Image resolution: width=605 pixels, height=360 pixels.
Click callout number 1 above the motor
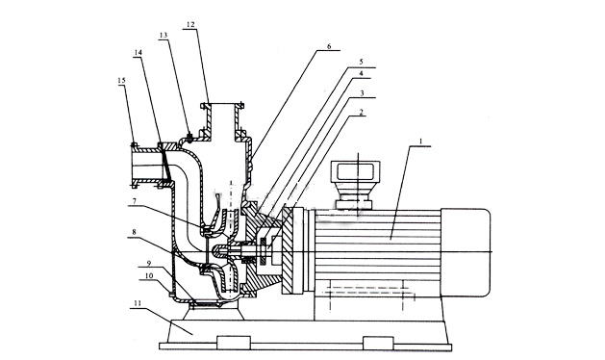pos(421,141)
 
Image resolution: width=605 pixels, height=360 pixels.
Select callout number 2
pos(361,112)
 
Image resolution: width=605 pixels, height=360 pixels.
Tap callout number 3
pos(362,93)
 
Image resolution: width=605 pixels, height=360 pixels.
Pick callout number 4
pos(361,73)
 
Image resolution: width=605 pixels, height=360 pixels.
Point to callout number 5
pos(361,62)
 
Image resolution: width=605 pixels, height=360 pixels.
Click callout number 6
pos(329,46)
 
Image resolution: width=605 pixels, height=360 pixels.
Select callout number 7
pos(134,201)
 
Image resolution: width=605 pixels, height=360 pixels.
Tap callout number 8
pos(134,232)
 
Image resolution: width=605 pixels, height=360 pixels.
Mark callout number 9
pos(149,263)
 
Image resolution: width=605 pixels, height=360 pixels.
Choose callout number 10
pos(149,276)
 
